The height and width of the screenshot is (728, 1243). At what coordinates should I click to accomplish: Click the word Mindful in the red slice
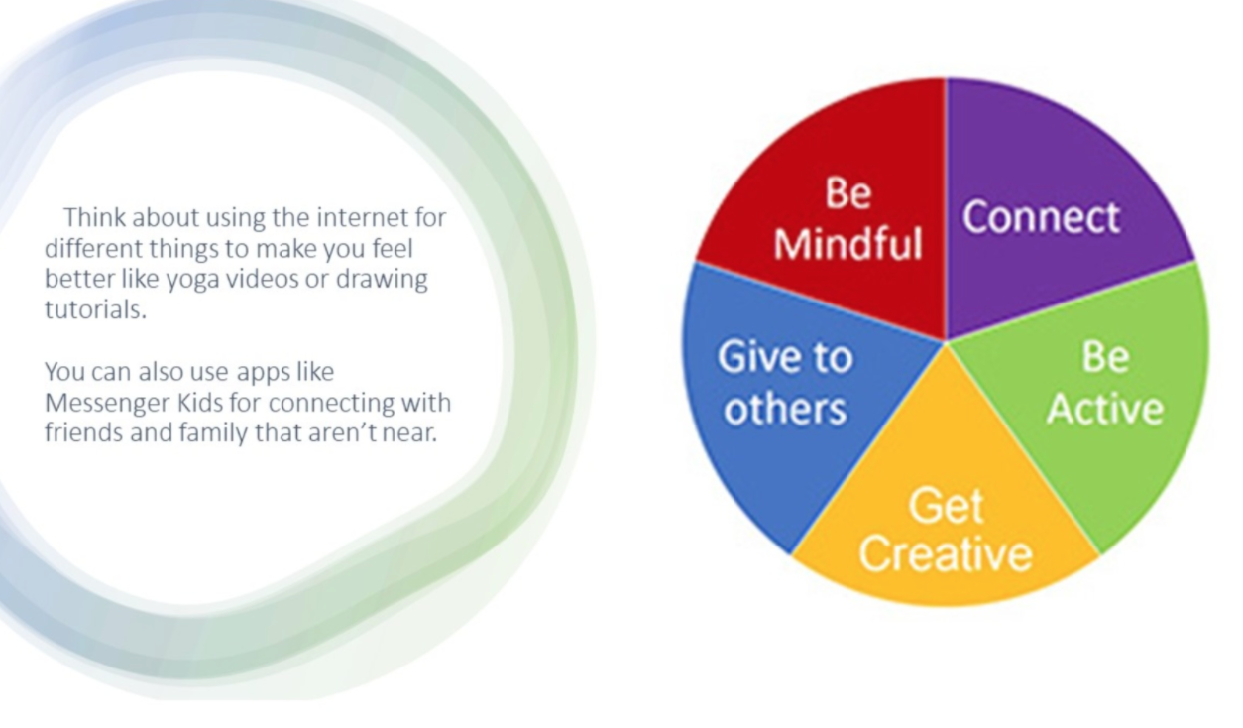click(847, 244)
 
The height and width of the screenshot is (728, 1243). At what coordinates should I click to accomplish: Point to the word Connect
click(1042, 216)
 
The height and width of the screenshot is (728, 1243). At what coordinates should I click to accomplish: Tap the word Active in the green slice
click(1105, 410)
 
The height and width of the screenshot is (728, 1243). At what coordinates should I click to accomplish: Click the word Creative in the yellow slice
click(946, 553)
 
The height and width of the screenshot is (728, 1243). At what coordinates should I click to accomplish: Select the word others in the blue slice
click(785, 410)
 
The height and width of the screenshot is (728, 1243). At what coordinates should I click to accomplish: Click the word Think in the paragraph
click(95, 217)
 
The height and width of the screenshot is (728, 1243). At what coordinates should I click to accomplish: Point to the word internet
click(363, 217)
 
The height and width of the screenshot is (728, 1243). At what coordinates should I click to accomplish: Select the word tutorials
click(95, 309)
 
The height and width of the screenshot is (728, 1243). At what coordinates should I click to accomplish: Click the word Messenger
click(108, 403)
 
